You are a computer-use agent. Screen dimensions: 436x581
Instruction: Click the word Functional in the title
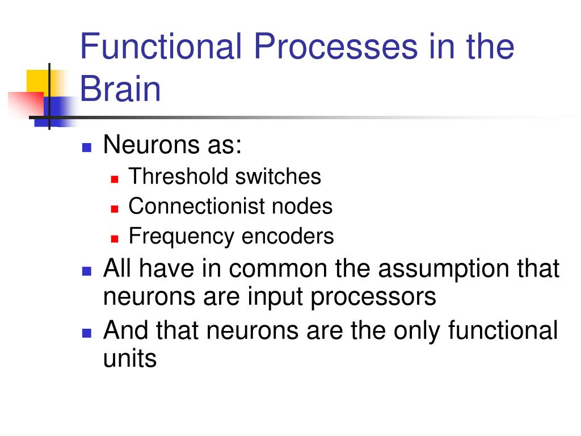161,47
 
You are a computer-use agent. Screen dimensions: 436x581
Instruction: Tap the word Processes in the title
335,47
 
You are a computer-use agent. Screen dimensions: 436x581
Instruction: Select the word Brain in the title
120,89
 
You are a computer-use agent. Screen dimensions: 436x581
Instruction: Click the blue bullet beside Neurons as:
87,148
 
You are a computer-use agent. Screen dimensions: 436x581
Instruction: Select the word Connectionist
196,206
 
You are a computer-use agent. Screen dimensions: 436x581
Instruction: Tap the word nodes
302,206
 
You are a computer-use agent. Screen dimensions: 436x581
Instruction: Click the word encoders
288,236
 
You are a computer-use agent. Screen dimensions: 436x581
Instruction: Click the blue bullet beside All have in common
87,270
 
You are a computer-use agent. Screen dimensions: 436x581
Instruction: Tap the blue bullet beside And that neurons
87,332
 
